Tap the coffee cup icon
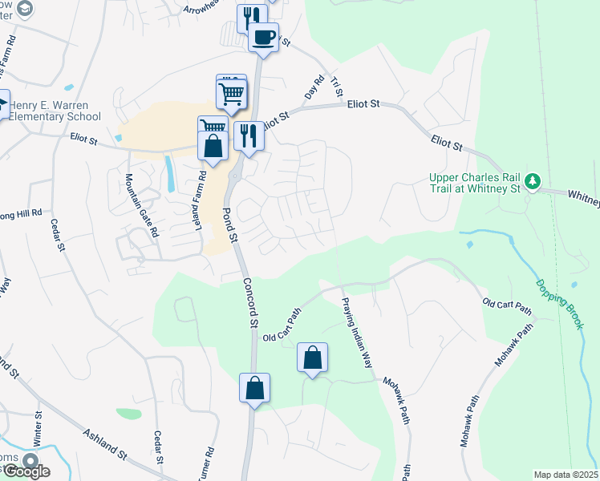[262, 37]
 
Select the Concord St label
[251, 301]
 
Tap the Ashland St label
[105, 443]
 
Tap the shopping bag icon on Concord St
[254, 389]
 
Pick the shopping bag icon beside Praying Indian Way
[312, 358]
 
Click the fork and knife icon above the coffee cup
[252, 16]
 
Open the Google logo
[26, 471]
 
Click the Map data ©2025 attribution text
[566, 475]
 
